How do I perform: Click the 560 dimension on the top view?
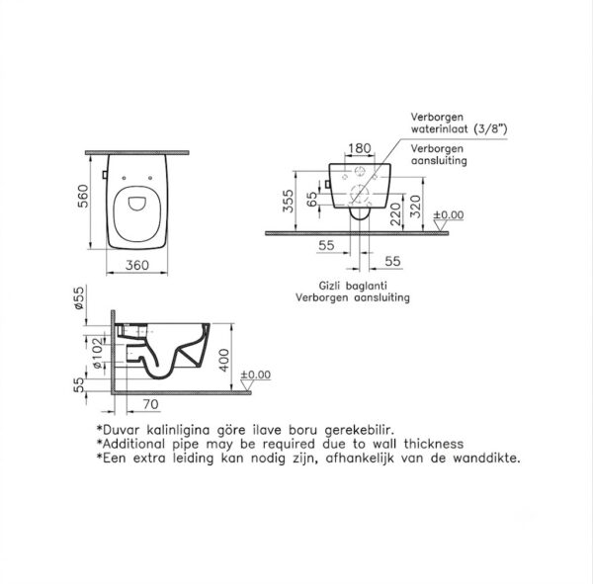pyautogui.click(x=82, y=196)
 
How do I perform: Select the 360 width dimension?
pyautogui.click(x=137, y=265)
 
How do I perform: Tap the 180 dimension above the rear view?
pyautogui.click(x=360, y=148)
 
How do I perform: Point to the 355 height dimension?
pyautogui.click(x=289, y=202)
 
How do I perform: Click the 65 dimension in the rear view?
pyautogui.click(x=312, y=199)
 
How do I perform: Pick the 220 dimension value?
pyautogui.click(x=395, y=214)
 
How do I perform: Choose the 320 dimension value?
pyautogui.click(x=415, y=207)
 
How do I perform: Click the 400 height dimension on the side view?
pyautogui.click(x=224, y=360)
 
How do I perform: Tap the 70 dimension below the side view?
pyautogui.click(x=150, y=404)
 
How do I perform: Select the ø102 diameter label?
pyautogui.click(x=98, y=354)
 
